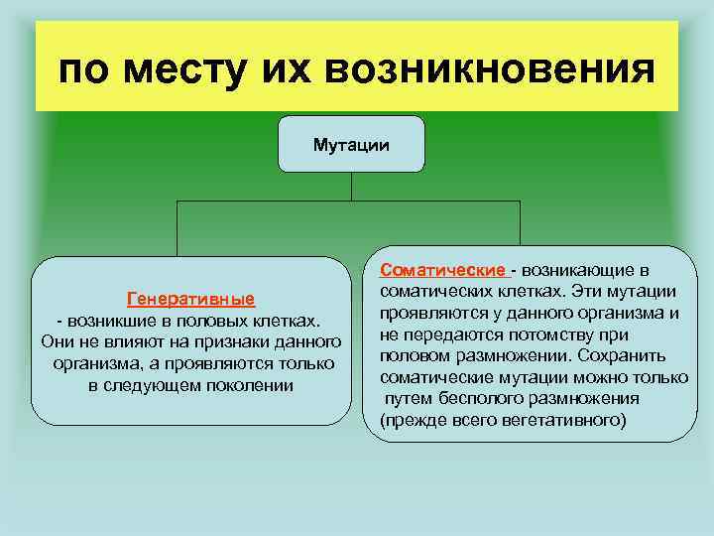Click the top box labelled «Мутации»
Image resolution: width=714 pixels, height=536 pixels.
point(351,145)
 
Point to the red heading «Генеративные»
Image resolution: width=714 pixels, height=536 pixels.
point(190,299)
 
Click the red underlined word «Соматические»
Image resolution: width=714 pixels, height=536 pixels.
point(443,269)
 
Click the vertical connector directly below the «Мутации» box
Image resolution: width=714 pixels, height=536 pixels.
point(351,188)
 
